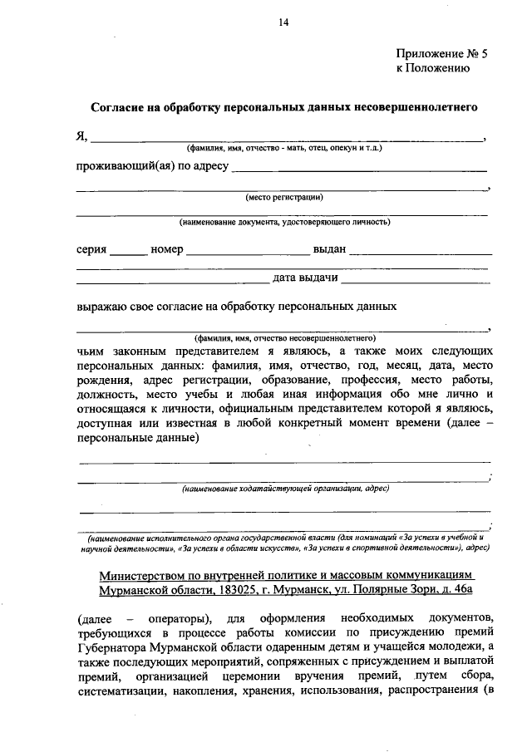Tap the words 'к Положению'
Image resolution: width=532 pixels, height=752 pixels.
(433, 69)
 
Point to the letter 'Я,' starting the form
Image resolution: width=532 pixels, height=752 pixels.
(81, 137)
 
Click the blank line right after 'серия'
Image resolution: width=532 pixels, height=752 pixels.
(127, 252)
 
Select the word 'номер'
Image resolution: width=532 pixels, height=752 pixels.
(167, 249)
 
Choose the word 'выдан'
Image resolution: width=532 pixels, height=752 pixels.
(330, 249)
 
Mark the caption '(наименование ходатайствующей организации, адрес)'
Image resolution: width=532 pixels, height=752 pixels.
(284, 489)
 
